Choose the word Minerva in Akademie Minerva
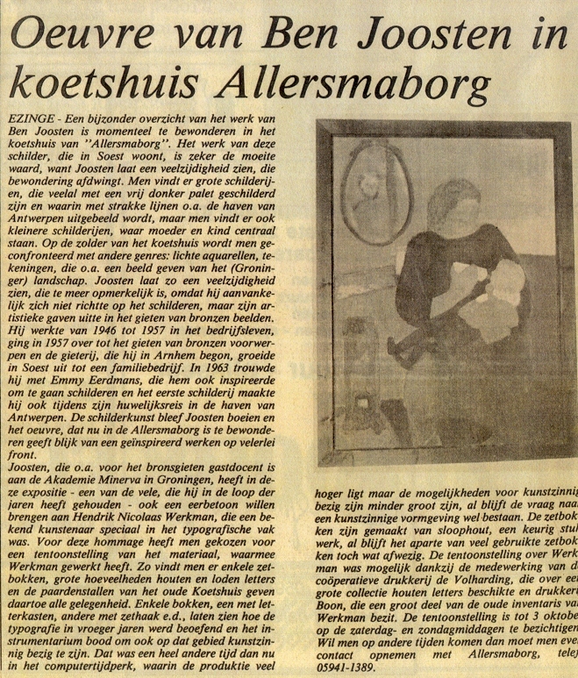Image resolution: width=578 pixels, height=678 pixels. (x=145, y=484)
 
